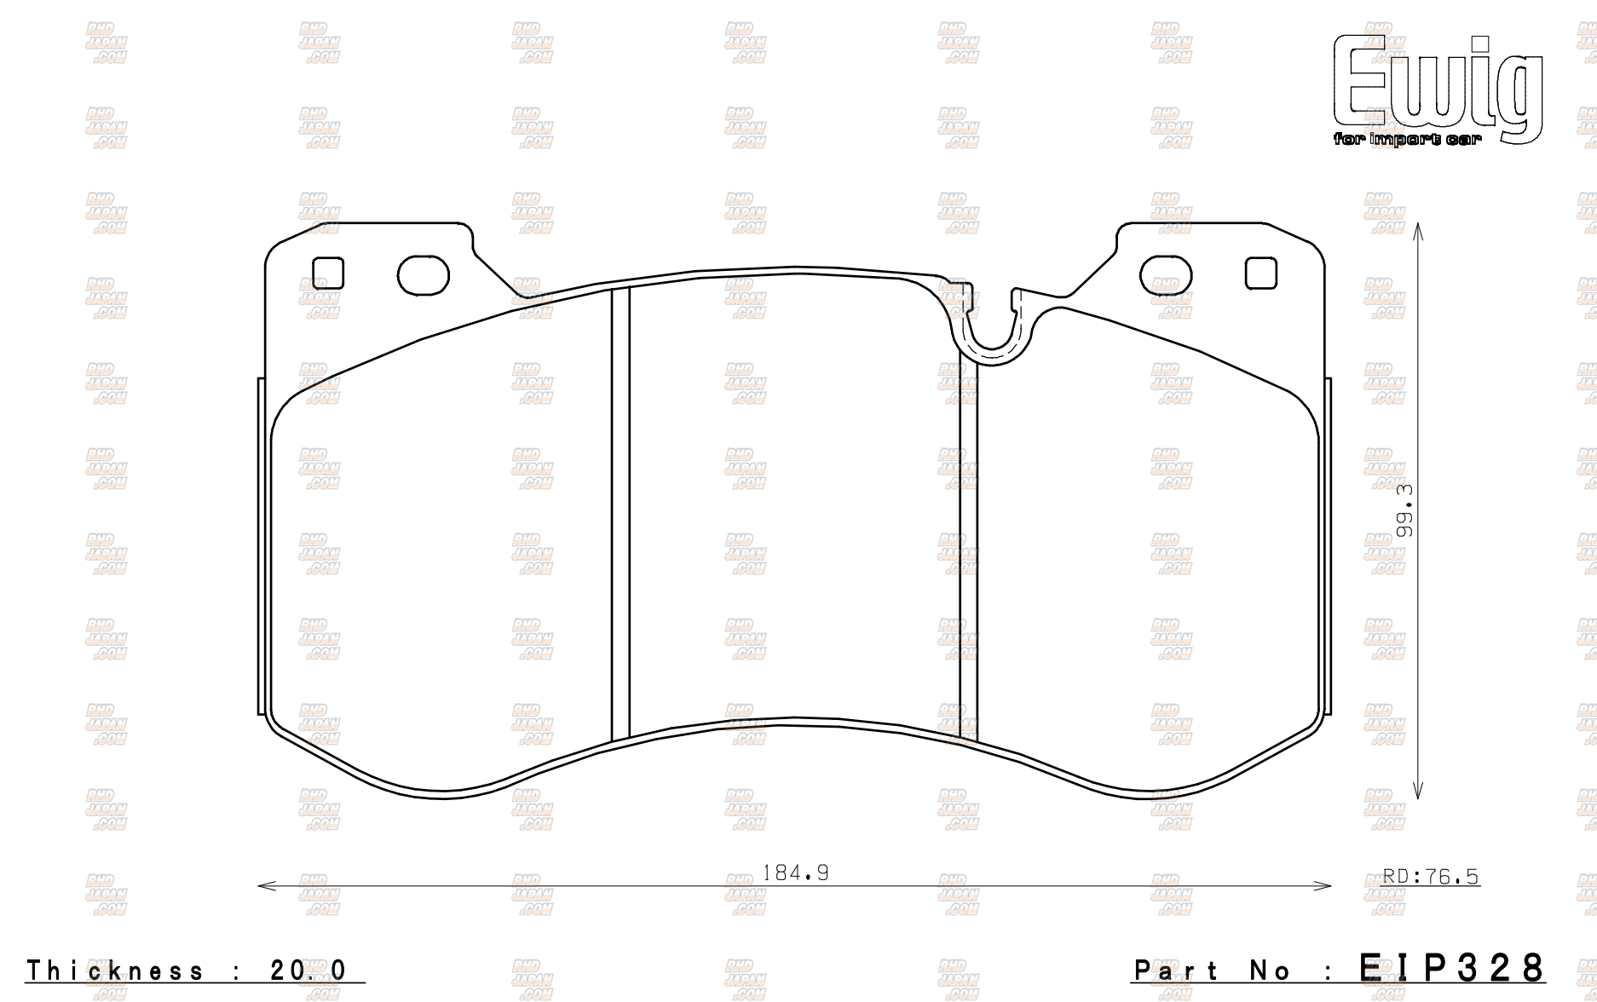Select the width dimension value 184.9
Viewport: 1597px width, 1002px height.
tap(794, 872)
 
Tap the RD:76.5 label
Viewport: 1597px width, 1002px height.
tap(1430, 877)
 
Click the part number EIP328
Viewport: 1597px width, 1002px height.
tap(1450, 968)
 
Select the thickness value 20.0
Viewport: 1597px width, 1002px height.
tap(309, 970)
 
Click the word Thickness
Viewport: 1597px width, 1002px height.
tap(116, 970)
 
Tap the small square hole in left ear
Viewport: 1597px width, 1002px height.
tap(327, 274)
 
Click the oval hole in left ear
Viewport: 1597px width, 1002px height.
tap(423, 274)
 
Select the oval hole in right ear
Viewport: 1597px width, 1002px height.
tap(1167, 274)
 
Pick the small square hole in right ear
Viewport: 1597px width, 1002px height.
tap(1261, 274)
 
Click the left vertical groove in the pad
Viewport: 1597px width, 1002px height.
tap(620, 511)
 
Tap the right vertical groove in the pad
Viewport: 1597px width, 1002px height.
tap(969, 545)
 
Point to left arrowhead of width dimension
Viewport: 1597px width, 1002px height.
tap(262, 886)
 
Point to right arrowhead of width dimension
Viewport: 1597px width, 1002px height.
tap(1326, 886)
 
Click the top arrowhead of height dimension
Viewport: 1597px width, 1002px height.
tap(1417, 228)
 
